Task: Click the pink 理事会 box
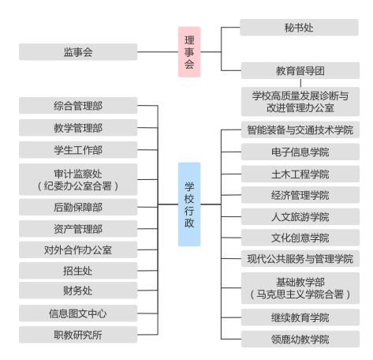[x=189, y=52]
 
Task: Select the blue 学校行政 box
[x=189, y=204]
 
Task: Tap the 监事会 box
[x=78, y=52]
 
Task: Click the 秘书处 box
[x=299, y=27]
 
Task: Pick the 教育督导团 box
[x=300, y=70]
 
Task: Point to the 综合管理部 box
[x=78, y=106]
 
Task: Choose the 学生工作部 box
[x=78, y=150]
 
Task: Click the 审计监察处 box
[x=78, y=179]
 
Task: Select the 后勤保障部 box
[x=78, y=207]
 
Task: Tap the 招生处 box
[x=78, y=271]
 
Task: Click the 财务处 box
[x=78, y=291]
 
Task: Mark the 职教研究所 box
[x=78, y=335]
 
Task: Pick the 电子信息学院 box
[x=300, y=152]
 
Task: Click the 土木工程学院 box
[x=300, y=174]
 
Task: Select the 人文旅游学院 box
[x=300, y=216]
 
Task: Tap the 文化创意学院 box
[x=300, y=238]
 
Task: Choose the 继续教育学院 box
[x=300, y=317]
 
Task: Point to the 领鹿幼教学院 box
[x=300, y=339]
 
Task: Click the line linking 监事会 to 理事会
[x=158, y=52]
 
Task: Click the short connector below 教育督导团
[x=300, y=83]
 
